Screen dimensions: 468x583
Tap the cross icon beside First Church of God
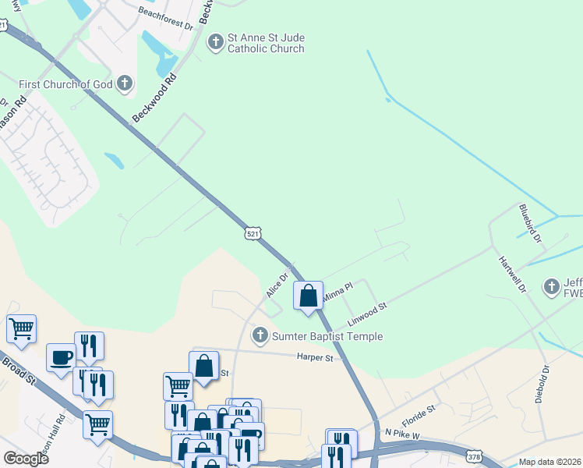click(125, 83)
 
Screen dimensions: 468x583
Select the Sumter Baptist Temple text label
click(327, 336)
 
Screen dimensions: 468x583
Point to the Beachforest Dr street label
click(165, 19)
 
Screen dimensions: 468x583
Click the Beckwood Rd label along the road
click(154, 97)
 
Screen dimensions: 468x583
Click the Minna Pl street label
click(338, 292)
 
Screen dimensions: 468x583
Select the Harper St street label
click(315, 358)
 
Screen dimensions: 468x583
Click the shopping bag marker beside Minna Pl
click(309, 296)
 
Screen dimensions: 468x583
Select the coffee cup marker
click(61, 357)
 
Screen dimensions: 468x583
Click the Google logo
click(26, 458)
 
